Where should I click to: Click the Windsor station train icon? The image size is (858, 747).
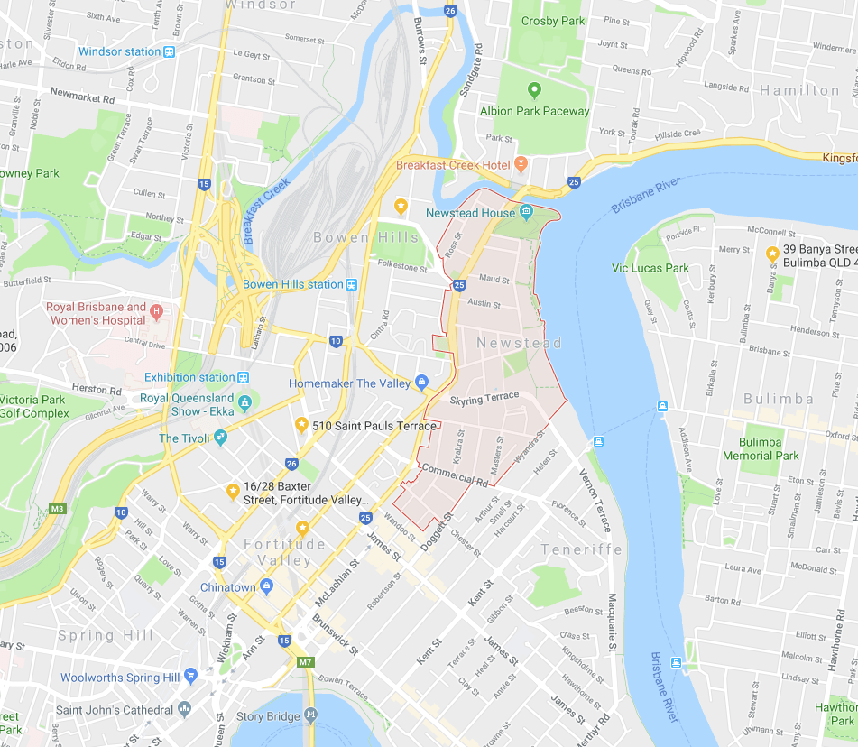(169, 51)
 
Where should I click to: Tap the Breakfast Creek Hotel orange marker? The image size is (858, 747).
(521, 165)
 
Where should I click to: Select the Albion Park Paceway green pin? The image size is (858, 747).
(534, 90)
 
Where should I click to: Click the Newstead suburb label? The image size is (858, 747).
(519, 343)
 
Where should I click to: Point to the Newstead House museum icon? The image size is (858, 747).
(526, 212)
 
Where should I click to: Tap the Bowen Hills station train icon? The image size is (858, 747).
(352, 284)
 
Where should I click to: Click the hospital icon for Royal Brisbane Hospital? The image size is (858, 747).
(157, 313)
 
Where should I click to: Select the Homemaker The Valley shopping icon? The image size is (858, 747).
(420, 383)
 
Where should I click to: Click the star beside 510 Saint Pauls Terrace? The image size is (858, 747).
(301, 425)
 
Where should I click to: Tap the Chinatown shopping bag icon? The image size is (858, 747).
(266, 586)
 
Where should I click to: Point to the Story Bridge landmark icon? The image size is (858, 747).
(310, 715)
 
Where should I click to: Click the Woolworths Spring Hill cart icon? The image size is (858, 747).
(190, 676)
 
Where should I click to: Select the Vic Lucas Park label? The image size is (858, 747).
(650, 268)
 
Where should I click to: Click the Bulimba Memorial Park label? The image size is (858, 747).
(761, 448)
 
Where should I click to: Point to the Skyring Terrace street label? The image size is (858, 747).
(484, 397)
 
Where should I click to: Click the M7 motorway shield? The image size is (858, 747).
(306, 663)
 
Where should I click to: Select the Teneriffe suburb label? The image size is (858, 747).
(582, 549)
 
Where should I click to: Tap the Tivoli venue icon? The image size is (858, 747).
(221, 438)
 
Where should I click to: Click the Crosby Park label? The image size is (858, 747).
(553, 21)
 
